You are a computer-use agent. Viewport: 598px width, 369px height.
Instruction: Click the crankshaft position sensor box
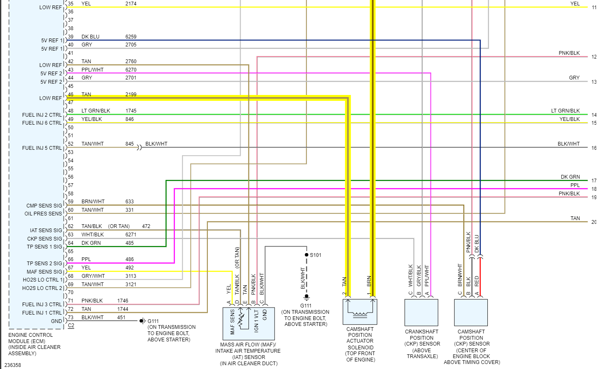click(x=421, y=313)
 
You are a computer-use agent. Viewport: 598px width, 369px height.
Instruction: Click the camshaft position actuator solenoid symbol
click(x=360, y=311)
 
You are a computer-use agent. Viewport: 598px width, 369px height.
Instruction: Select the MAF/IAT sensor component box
click(x=249, y=323)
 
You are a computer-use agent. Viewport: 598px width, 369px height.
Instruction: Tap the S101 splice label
click(x=316, y=255)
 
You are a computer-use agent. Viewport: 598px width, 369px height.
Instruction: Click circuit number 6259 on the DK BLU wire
click(x=131, y=37)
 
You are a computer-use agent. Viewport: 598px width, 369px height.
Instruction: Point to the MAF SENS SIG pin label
click(x=44, y=272)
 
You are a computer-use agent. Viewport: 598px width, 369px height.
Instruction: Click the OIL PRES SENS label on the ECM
click(x=43, y=214)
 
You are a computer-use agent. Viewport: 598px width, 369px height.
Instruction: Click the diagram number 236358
click(x=13, y=365)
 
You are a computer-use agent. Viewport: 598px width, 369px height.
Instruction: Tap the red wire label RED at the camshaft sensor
click(x=477, y=281)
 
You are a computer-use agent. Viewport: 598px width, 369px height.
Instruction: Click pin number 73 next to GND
click(x=70, y=318)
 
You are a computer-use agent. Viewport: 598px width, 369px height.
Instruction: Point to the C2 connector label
click(x=71, y=325)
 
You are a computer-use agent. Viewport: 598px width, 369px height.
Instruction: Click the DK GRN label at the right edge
click(x=570, y=177)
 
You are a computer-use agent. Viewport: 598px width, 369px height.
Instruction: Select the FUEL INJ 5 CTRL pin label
click(x=42, y=148)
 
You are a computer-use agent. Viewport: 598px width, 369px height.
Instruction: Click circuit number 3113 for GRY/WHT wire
click(x=131, y=276)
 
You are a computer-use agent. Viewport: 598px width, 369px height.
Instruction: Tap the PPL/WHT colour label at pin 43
click(x=92, y=70)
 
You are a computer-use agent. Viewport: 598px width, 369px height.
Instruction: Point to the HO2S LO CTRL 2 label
click(x=42, y=288)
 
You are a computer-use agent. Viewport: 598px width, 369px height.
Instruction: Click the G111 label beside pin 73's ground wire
click(x=153, y=321)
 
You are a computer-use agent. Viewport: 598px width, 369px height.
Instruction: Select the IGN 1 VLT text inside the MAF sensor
click(x=256, y=321)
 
